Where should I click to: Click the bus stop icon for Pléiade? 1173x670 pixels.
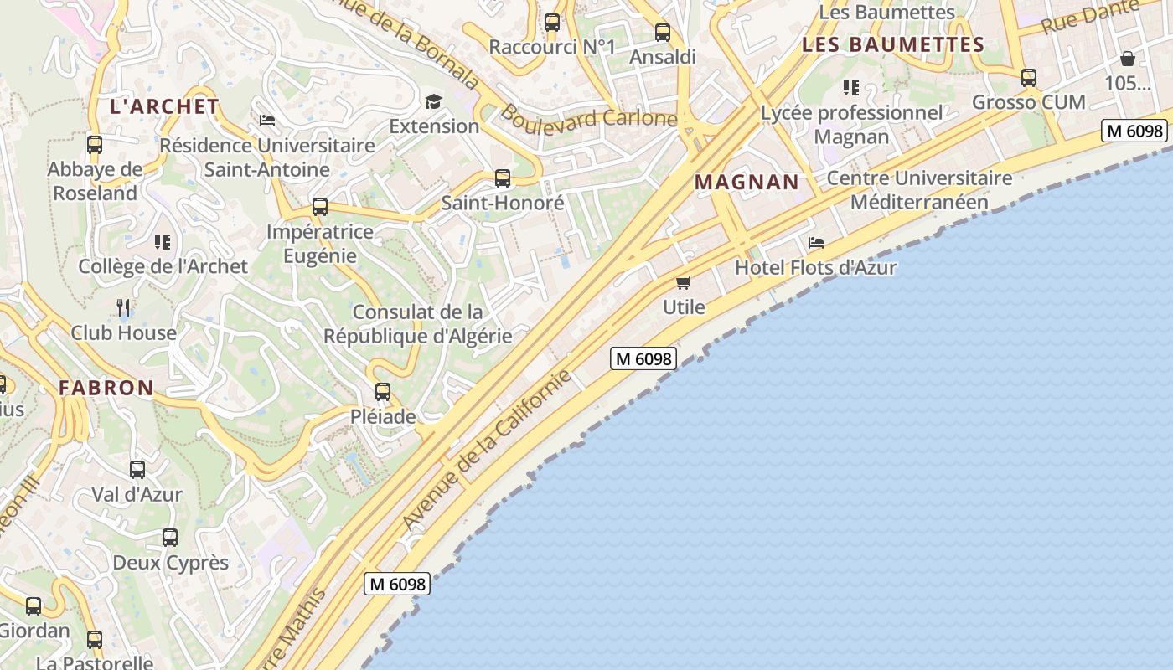(x=383, y=391)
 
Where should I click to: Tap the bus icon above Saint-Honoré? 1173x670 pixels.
(x=503, y=178)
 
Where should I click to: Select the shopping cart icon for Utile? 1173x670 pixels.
(x=684, y=282)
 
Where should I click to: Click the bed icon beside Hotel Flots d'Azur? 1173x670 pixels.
(x=816, y=243)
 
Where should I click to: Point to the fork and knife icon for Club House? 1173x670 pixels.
(x=124, y=307)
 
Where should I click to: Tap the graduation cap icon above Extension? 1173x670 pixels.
(x=433, y=101)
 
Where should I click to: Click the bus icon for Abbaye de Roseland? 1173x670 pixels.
(x=95, y=144)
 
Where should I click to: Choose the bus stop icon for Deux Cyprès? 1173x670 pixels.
(x=170, y=537)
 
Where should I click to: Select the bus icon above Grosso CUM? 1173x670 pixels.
(x=1029, y=78)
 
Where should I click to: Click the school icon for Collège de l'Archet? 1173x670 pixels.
(x=163, y=242)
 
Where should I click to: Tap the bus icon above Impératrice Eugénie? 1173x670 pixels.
(x=320, y=206)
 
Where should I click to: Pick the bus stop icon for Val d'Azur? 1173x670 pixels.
(x=137, y=469)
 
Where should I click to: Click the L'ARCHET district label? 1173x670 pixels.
(x=165, y=106)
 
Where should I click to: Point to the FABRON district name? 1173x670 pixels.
(x=106, y=388)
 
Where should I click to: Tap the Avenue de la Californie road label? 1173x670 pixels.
(x=487, y=450)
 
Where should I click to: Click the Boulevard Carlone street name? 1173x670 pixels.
(x=589, y=119)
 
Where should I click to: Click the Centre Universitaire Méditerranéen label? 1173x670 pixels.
(x=919, y=190)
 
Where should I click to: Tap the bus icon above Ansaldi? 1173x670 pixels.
(x=663, y=33)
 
